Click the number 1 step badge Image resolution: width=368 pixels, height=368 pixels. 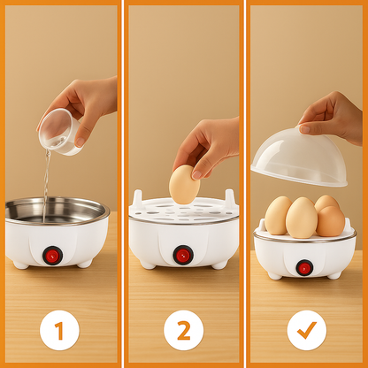(x=59, y=330)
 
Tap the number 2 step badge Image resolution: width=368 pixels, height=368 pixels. (x=184, y=330)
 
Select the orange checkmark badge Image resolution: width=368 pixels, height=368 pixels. (x=307, y=330)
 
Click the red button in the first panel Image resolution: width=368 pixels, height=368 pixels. (x=52, y=256)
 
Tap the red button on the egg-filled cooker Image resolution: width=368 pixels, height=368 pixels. (x=304, y=268)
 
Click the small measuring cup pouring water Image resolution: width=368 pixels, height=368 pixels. (x=60, y=132)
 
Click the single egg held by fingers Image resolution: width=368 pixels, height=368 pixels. (x=184, y=185)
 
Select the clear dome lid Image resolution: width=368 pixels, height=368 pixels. (x=299, y=157)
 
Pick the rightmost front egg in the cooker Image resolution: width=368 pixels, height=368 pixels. (x=331, y=221)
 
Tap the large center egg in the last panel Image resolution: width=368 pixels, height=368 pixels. (x=302, y=218)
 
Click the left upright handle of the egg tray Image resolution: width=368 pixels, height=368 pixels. (x=137, y=199)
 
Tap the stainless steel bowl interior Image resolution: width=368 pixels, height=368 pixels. (x=55, y=210)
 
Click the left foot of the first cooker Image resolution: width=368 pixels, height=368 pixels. (x=21, y=264)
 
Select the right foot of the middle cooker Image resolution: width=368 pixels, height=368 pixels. (x=219, y=264)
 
